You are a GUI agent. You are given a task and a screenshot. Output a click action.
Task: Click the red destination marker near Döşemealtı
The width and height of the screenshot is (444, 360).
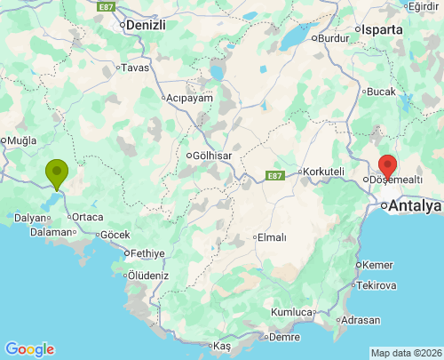(x=388, y=166)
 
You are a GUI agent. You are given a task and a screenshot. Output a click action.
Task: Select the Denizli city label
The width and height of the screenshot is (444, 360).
(x=147, y=25)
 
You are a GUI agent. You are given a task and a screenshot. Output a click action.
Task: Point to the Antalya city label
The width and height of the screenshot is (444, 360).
(x=415, y=206)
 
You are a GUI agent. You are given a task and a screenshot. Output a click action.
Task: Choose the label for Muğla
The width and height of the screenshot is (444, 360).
(x=21, y=140)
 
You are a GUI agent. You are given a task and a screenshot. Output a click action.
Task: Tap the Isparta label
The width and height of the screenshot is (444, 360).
(x=383, y=29)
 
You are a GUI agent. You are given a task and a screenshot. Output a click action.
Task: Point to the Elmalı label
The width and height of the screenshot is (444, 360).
(x=271, y=237)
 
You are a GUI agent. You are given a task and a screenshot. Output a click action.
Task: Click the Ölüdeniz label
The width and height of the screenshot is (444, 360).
(x=147, y=276)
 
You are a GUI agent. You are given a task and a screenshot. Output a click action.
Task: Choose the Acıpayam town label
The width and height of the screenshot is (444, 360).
(x=190, y=98)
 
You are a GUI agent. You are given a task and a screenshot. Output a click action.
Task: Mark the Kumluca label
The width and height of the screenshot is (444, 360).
(x=292, y=312)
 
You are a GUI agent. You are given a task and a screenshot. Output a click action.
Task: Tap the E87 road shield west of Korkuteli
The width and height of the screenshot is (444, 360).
(x=274, y=176)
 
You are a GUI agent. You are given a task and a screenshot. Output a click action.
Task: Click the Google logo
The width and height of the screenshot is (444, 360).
(x=29, y=349)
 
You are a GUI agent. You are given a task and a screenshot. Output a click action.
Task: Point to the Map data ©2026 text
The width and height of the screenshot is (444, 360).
(x=405, y=353)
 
